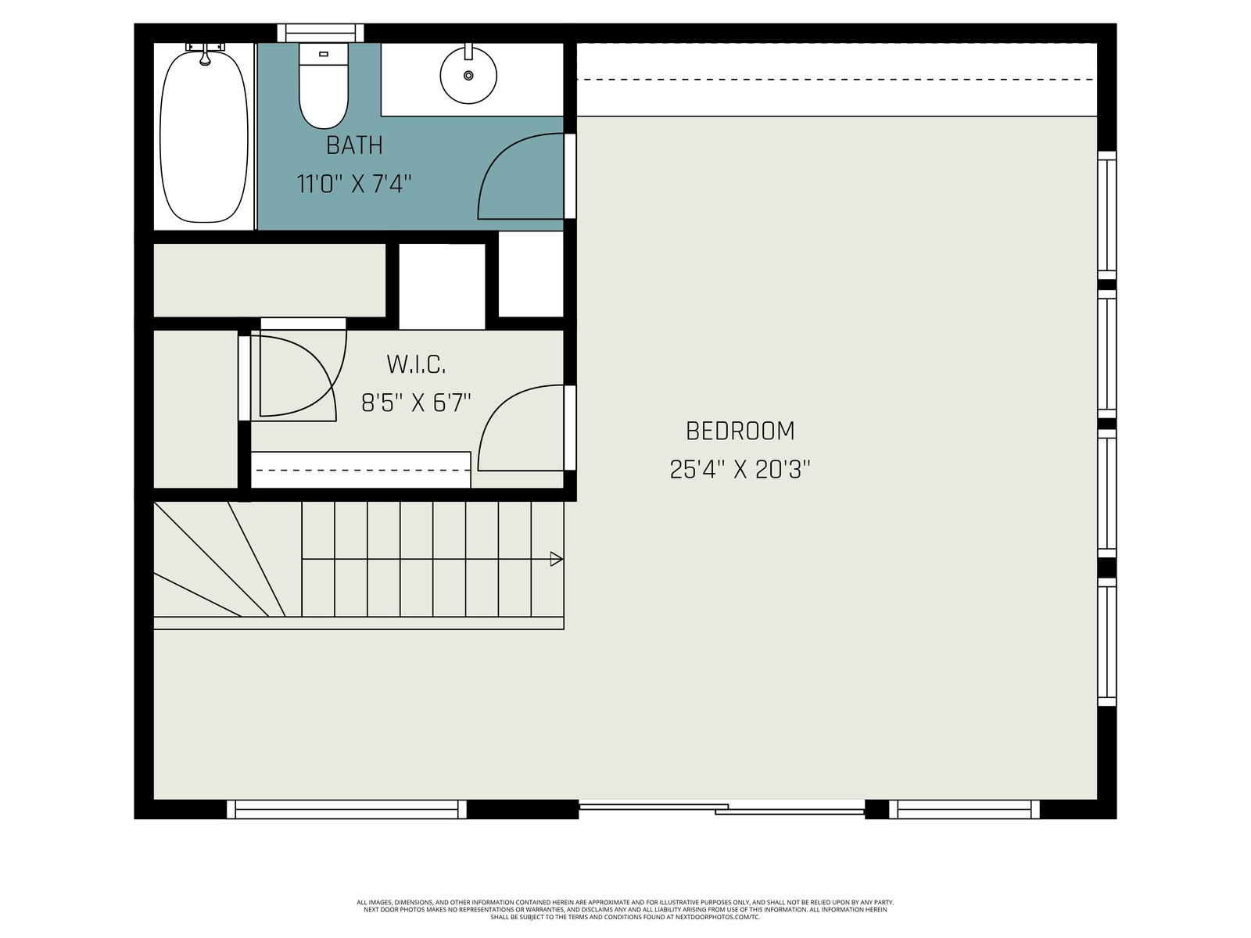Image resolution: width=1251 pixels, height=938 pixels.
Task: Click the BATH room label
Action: pos(354,146)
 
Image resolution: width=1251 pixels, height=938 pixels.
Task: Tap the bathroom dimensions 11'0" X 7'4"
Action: pos(354,184)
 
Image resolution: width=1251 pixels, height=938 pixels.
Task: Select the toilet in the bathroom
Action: pos(324,86)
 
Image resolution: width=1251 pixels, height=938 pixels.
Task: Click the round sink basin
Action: pos(468,75)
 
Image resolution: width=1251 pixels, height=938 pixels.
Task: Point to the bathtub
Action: pos(204,137)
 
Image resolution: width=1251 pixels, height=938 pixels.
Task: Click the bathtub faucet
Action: pos(205,53)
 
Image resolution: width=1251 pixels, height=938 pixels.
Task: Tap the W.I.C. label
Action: pos(416,364)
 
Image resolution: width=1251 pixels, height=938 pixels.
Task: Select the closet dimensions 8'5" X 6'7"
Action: pos(416,403)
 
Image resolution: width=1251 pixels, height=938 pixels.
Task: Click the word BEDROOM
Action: pos(740,431)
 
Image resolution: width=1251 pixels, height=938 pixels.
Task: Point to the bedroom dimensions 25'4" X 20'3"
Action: pos(740,470)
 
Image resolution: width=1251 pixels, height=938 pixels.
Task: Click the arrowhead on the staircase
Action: pos(556,559)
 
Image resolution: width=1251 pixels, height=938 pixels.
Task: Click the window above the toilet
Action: pos(321,33)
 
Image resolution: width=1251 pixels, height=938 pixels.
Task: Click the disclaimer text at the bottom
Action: pos(625,910)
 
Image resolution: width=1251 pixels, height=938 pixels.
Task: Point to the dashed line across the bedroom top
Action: pos(837,80)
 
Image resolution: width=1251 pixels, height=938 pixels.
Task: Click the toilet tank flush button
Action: pos(324,54)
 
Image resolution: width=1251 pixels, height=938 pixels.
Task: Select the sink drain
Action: pos(468,75)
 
